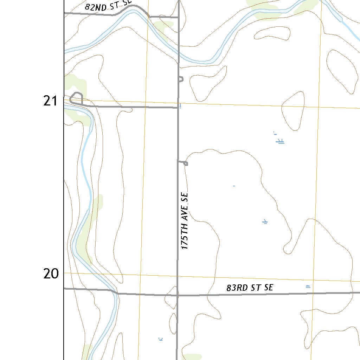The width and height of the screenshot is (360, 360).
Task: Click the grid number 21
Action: point(50,101)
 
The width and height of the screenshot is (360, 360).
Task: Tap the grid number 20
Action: point(51,274)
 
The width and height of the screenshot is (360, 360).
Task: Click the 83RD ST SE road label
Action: point(250,288)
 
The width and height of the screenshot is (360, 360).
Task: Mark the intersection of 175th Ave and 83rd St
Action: point(177,295)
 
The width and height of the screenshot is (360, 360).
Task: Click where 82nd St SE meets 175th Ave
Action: point(179,17)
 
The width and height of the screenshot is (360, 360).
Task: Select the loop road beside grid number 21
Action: point(77,97)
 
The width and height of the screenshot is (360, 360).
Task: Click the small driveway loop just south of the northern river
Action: point(181,79)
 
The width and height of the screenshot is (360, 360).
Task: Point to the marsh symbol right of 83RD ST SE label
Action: point(308,287)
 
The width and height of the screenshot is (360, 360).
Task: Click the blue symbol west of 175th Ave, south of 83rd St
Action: point(161,339)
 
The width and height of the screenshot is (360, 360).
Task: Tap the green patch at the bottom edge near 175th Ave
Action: point(192,356)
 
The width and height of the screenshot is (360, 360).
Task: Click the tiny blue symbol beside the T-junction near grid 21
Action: point(180,105)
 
